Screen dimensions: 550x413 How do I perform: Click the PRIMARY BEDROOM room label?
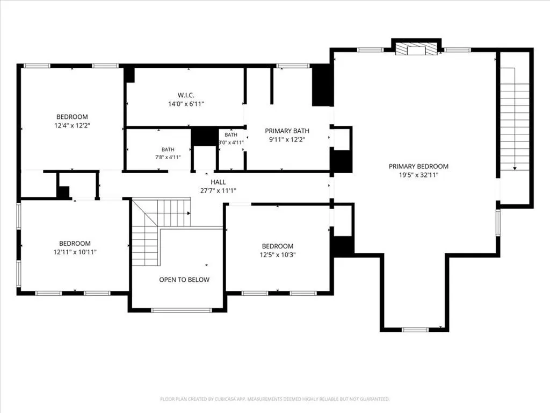pos(418,166)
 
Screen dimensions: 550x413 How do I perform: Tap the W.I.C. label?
pos(186,95)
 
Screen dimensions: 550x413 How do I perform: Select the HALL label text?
pos(218,182)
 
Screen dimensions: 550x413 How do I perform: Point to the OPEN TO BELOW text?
pos(184,280)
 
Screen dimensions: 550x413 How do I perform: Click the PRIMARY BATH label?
pos(287,131)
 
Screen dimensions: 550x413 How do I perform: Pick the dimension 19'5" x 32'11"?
pos(418,175)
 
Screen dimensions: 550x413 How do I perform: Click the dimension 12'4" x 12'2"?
pos(73,125)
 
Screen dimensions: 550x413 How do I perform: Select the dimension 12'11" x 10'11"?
pos(75,252)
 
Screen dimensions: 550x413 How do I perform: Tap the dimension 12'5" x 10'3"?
pos(278,254)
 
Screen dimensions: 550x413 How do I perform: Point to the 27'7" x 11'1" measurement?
pos(218,191)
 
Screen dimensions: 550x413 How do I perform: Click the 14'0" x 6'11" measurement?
pos(186,104)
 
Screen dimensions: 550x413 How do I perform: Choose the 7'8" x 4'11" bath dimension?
pos(168,158)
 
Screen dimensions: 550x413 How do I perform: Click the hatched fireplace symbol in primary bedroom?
pos(416,49)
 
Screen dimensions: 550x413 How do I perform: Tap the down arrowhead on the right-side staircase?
pos(515,168)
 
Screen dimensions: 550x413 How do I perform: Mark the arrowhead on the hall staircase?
pos(189,213)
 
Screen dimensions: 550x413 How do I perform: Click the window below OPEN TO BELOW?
pos(182,310)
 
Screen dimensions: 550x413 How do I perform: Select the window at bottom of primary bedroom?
pos(415,330)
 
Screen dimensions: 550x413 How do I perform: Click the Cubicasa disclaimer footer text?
pos(275,399)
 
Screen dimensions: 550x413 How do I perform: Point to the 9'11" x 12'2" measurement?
pos(287,139)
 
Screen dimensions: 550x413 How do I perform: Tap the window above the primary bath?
pos(293,66)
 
